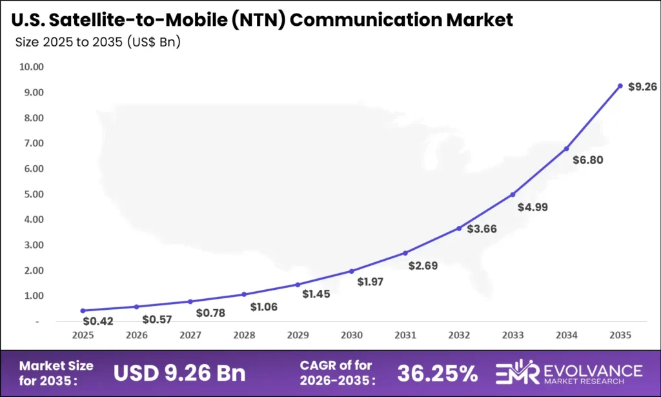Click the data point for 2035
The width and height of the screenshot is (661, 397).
click(x=620, y=86)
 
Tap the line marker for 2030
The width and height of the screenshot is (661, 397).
click(x=351, y=271)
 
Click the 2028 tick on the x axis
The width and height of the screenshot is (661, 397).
click(x=243, y=336)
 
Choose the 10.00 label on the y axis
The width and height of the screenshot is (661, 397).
click(x=31, y=66)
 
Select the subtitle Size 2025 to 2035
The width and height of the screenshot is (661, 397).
click(x=97, y=43)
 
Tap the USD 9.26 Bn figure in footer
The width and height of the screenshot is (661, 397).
click(x=179, y=373)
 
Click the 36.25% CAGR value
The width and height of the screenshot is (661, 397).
click(x=437, y=373)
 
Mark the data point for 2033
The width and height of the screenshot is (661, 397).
click(x=513, y=194)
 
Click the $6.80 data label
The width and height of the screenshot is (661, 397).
click(x=587, y=160)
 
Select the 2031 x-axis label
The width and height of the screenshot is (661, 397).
click(x=405, y=336)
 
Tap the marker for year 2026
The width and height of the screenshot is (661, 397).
click(x=136, y=307)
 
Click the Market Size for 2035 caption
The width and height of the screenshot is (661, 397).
click(x=56, y=372)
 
